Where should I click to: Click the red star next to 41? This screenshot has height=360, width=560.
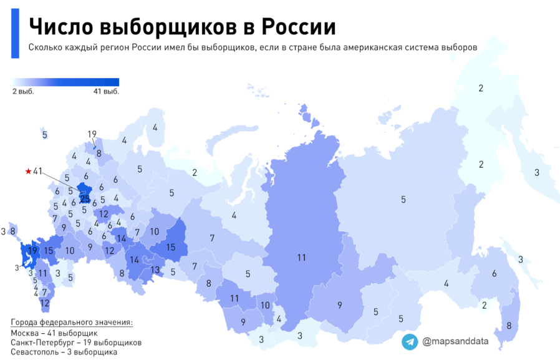click(x=28, y=171)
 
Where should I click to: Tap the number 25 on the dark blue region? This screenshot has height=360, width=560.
click(x=85, y=198)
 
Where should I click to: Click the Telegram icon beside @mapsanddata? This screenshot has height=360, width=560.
click(x=410, y=341)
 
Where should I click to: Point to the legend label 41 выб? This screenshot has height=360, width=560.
click(x=106, y=91)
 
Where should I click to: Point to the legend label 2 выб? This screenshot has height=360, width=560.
click(x=23, y=91)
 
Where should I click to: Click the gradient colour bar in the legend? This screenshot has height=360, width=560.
click(x=65, y=82)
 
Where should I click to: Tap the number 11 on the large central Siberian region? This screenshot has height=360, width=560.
click(x=301, y=256)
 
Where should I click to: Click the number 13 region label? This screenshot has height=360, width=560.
click(x=155, y=270)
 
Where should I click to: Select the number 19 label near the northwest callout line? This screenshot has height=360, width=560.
click(x=92, y=134)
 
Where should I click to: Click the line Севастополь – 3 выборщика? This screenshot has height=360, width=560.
click(x=64, y=352)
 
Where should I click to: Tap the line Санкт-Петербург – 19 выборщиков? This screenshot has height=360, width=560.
click(x=76, y=343)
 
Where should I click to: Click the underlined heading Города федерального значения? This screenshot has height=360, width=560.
click(x=72, y=323)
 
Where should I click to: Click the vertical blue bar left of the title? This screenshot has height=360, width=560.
click(x=15, y=34)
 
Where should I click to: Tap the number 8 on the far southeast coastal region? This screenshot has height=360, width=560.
click(x=509, y=325)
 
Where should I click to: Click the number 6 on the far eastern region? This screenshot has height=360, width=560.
click(x=494, y=273)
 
